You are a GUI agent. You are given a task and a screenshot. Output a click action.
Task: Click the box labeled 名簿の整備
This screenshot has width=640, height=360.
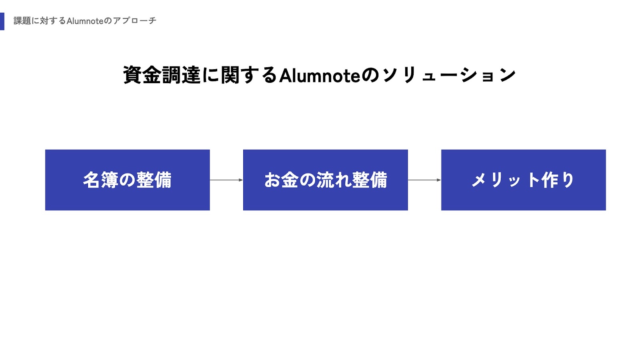coord(128,180)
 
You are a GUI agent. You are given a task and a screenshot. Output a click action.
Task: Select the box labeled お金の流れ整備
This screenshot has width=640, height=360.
coord(326,180)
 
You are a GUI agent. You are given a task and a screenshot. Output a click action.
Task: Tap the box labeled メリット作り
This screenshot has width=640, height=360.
coord(524,180)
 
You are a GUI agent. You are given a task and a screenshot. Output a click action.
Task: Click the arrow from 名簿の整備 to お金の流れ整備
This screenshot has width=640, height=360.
coord(226,180)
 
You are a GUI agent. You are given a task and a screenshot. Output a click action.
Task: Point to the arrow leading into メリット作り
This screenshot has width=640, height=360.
coord(424,180)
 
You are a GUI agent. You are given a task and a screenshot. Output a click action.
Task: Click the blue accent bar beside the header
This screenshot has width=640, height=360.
coord(2,21)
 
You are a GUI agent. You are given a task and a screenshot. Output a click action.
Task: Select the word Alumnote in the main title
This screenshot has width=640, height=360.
coord(320,76)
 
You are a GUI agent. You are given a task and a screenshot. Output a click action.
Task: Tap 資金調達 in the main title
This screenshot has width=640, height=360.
coord(162,75)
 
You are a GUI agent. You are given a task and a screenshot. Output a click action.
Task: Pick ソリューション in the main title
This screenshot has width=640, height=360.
coord(449,75)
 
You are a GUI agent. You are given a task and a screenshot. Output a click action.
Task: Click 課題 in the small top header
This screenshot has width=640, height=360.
coord(22,21)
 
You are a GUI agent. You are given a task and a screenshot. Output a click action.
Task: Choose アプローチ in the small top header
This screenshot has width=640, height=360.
coord(134,21)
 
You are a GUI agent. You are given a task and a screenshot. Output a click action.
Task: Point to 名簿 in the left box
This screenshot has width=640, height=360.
coord(100,180)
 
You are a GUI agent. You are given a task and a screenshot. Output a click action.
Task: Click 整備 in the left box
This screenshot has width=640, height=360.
coord(154,180)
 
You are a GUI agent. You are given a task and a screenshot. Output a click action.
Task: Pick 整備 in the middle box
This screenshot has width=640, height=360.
coord(370,180)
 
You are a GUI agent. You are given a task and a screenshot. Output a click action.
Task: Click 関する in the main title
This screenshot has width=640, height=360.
coord(249,75)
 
